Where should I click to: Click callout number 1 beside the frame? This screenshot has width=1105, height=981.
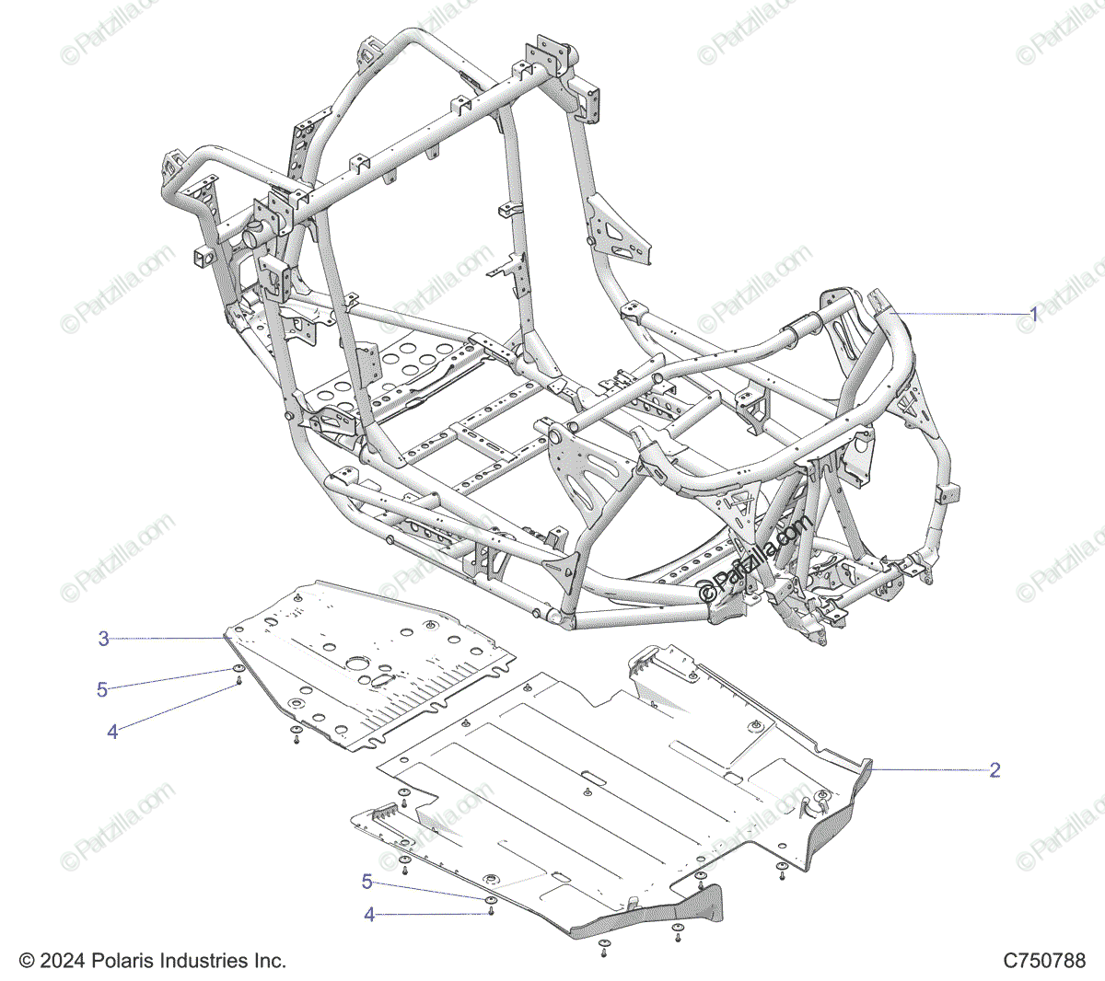pyautogui.click(x=1033, y=314)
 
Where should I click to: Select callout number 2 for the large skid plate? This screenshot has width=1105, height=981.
pyautogui.click(x=994, y=770)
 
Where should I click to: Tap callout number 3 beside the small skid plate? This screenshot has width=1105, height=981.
pyautogui.click(x=104, y=639)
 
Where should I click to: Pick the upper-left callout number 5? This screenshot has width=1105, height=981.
pyautogui.click(x=102, y=689)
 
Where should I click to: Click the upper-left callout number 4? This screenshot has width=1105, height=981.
pyautogui.click(x=112, y=732)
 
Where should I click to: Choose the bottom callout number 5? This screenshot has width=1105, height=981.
pyautogui.click(x=367, y=882)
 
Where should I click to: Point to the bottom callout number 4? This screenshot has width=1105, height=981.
pyautogui.click(x=370, y=915)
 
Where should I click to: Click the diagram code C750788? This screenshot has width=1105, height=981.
pyautogui.click(x=1044, y=960)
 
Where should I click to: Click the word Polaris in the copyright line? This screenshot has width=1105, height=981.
pyautogui.click(x=121, y=960)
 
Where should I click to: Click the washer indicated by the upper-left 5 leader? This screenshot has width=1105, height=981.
pyautogui.click(x=238, y=669)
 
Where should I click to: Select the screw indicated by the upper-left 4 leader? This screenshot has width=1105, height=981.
pyautogui.click(x=238, y=681)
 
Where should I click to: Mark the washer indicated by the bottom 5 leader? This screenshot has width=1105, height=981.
pyautogui.click(x=491, y=900)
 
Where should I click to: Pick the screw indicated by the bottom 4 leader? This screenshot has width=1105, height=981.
pyautogui.click(x=491, y=911)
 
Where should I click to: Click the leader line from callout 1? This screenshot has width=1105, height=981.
pyautogui.click(x=959, y=314)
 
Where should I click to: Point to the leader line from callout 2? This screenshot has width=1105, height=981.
pyautogui.click(x=929, y=769)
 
